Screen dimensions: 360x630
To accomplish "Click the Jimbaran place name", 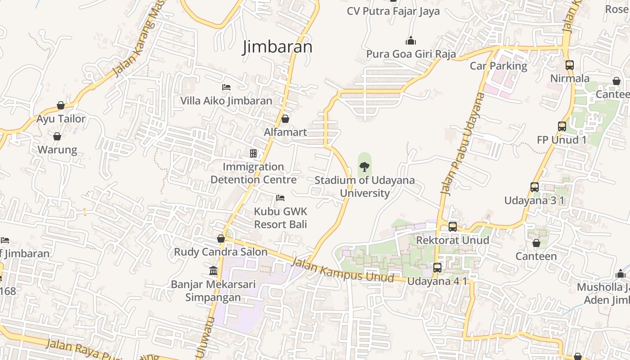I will [277, 47].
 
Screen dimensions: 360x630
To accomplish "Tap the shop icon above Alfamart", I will [285, 119].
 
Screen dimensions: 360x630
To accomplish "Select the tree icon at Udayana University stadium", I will [364, 167].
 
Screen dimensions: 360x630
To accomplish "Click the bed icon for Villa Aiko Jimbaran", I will [226, 87].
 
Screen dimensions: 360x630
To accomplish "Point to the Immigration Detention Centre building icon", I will [253, 153].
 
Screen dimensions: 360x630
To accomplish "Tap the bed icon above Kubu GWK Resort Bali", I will [280, 198].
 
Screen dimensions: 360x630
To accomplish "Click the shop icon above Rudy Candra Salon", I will [221, 238].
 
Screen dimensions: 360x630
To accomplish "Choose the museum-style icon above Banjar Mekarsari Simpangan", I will [213, 271].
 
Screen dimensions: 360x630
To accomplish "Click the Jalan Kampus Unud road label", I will [343, 270].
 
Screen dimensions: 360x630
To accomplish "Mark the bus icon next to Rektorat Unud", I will [453, 227].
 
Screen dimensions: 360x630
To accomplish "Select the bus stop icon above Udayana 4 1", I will [437, 268].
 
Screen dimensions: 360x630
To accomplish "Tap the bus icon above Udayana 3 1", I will [534, 187].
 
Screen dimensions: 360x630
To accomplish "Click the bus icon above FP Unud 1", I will [562, 126].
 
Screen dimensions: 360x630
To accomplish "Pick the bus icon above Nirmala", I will [570, 65].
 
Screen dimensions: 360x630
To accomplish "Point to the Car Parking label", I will [498, 66].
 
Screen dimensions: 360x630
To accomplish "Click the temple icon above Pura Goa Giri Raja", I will [410, 41].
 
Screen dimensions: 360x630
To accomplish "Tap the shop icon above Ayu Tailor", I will [61, 105].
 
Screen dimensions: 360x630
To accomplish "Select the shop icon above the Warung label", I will [57, 136].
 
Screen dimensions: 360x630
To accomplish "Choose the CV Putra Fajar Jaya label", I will [393, 11].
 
